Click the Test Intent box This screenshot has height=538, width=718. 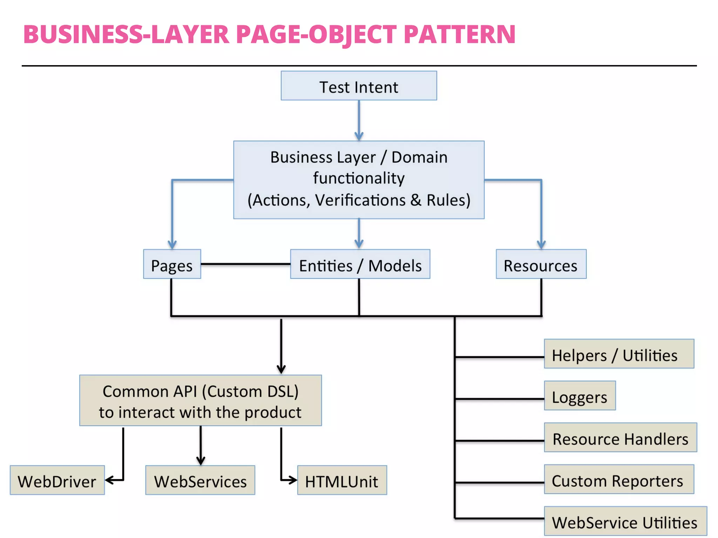(x=359, y=86)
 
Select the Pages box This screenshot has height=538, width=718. (x=172, y=264)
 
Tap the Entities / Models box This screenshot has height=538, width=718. (x=360, y=264)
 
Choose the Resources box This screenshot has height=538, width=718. (x=541, y=264)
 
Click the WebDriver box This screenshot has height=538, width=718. (x=57, y=480)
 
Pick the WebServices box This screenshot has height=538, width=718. (x=200, y=480)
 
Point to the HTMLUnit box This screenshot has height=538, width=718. (x=342, y=480)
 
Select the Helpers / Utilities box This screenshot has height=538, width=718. (x=619, y=354)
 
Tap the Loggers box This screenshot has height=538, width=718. (x=580, y=396)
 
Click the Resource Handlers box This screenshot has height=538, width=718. (x=620, y=437)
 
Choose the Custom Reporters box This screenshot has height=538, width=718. (x=619, y=480)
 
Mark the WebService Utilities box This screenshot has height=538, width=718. (x=625, y=521)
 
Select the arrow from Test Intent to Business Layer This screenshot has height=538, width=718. (x=359, y=119)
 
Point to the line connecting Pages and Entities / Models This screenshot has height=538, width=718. (x=245, y=264)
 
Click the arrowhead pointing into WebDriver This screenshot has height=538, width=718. (x=109, y=480)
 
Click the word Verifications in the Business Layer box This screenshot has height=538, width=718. (x=360, y=200)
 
